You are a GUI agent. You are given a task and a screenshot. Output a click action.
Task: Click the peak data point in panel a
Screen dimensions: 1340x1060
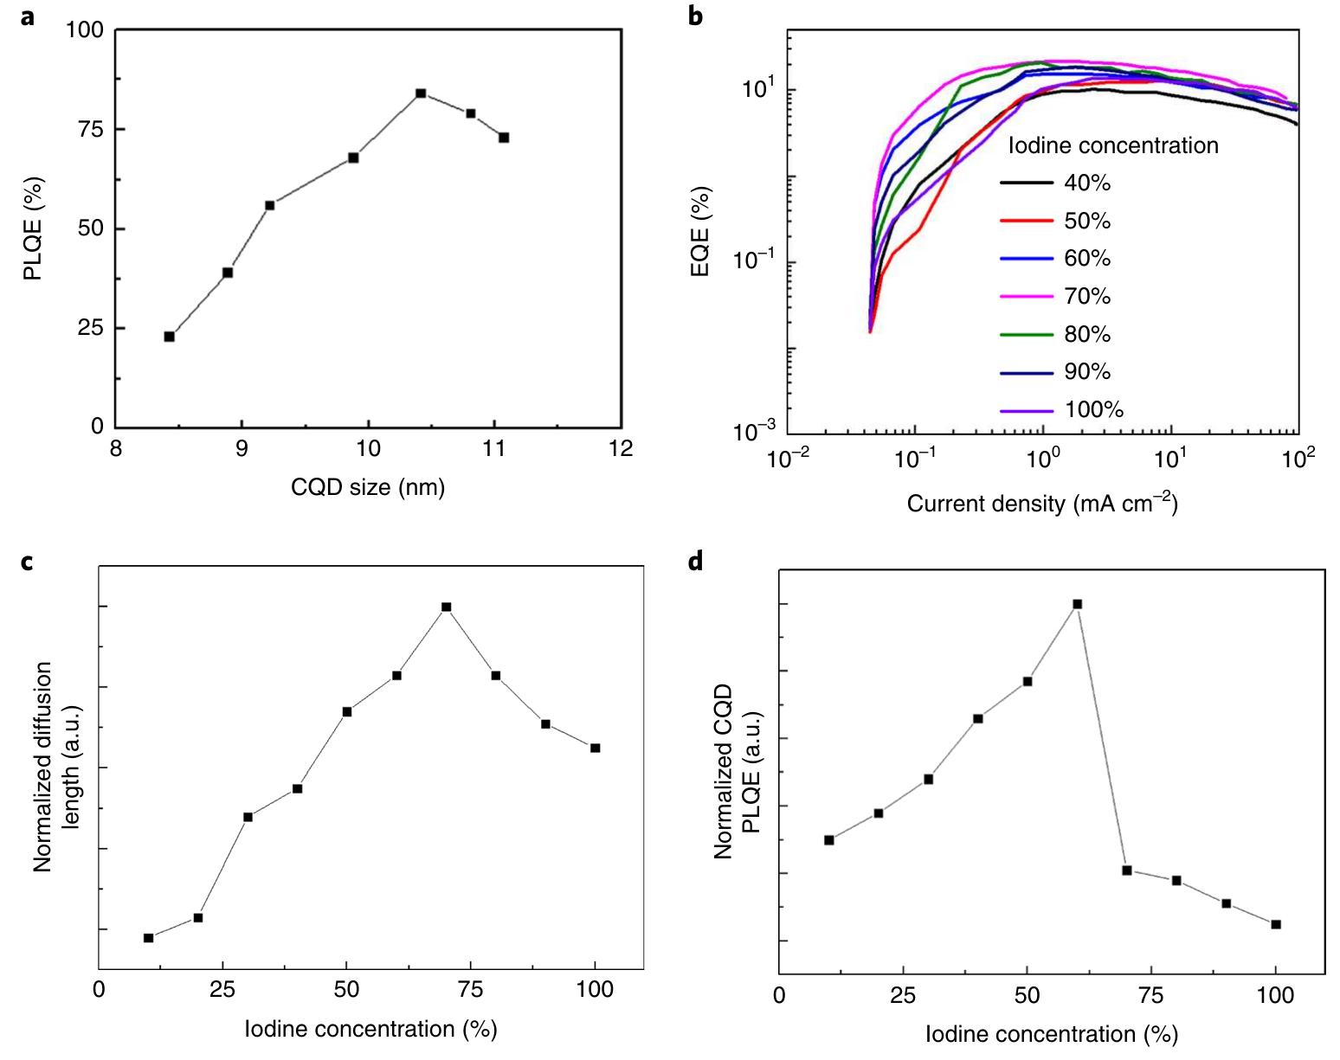421,93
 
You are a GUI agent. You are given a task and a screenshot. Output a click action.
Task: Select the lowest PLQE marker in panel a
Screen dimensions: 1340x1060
170,337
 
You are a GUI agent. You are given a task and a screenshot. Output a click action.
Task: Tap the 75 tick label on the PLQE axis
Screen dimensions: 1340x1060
90,130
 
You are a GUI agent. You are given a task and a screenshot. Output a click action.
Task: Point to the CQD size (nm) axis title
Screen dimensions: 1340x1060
368,487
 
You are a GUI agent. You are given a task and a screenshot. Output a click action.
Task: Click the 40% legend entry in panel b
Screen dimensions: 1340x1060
1055,183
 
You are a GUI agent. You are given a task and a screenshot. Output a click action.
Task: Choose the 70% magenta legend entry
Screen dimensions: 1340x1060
1055,296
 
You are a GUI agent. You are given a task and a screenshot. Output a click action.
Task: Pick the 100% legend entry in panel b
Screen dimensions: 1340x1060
1061,410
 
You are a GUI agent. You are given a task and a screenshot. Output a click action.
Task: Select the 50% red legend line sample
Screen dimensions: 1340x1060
1026,221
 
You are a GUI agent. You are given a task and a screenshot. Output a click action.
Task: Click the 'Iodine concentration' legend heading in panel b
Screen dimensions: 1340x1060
1113,145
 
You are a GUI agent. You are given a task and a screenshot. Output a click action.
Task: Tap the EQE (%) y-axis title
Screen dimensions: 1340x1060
700,232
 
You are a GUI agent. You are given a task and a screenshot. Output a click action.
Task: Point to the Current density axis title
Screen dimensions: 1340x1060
1042,503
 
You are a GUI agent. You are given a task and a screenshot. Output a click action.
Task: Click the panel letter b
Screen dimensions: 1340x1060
695,16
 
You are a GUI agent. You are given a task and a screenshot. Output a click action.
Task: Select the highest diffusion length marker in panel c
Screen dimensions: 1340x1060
447,607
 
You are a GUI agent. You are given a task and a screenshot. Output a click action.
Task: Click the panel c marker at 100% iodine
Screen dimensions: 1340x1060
596,748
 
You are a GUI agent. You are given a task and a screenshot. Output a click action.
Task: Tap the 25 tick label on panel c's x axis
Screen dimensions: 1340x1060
222,990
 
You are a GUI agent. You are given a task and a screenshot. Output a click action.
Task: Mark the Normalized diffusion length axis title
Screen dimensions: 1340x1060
55,767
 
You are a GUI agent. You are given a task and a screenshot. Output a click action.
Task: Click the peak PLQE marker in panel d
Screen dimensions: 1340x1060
1078,604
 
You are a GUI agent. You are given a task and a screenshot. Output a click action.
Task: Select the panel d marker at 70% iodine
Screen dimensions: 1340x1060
1127,870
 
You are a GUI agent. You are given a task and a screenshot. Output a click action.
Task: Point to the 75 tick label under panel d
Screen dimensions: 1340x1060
1150,996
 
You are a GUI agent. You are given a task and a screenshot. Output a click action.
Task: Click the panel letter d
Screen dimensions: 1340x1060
695,562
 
